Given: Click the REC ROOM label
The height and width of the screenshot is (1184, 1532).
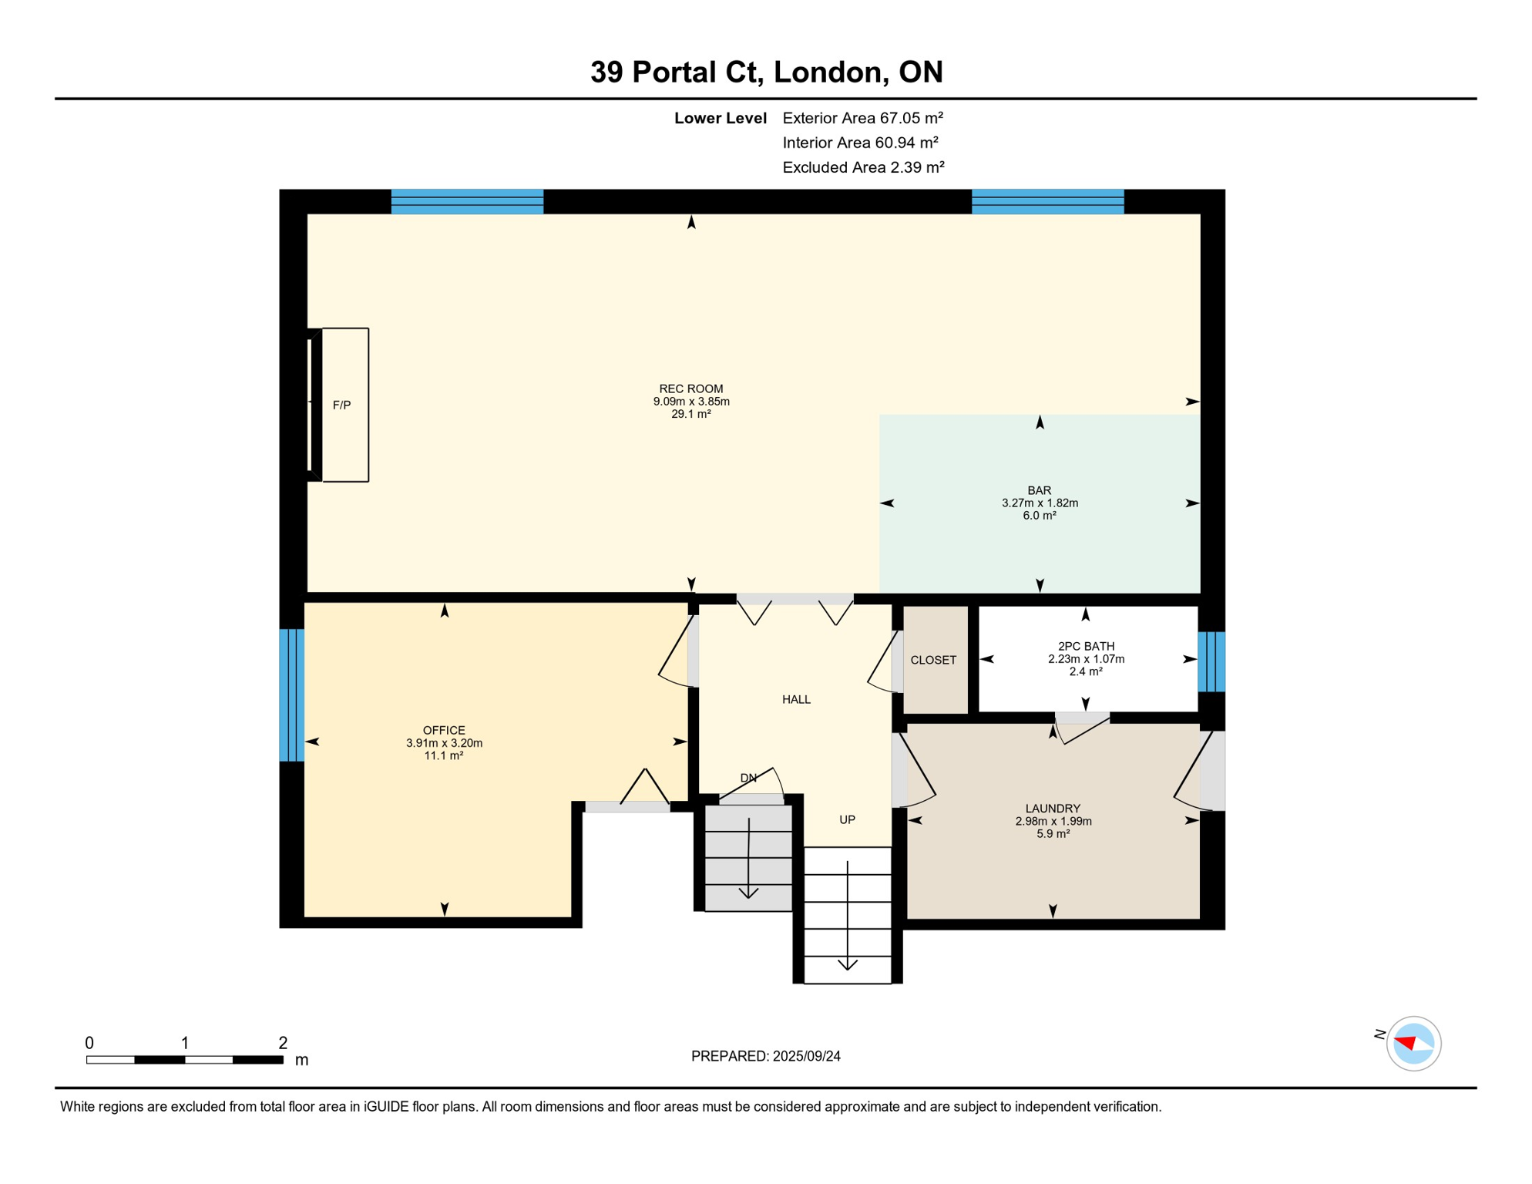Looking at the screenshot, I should [x=690, y=389].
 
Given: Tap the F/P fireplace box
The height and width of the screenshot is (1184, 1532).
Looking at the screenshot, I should [x=344, y=405].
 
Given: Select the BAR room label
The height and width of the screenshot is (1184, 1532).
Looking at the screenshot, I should [x=1039, y=490].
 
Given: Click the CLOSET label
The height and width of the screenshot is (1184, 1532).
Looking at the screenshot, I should [x=933, y=660].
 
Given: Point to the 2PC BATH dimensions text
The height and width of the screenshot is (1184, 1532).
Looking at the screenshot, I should [x=1086, y=659].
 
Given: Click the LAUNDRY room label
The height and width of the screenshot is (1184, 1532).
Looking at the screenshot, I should [x=1053, y=809].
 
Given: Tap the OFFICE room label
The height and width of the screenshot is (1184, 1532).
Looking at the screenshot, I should [x=444, y=730].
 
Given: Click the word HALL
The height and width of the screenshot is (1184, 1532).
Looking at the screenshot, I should [x=796, y=699].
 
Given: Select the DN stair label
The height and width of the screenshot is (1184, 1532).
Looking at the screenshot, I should [x=748, y=778].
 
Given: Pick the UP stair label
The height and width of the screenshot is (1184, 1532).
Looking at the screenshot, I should [x=847, y=819].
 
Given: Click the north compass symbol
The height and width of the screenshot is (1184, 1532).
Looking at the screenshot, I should [x=1413, y=1044].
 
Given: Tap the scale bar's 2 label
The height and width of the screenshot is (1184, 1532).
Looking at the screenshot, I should [x=283, y=1043].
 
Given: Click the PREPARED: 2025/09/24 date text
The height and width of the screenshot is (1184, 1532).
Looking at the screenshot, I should [x=765, y=1056].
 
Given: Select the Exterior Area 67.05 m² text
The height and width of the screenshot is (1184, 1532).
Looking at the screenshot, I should [x=862, y=118].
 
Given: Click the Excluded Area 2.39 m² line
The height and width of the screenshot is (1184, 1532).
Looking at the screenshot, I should [x=863, y=167].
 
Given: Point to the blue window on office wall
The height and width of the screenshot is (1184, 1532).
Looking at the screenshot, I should [x=291, y=695].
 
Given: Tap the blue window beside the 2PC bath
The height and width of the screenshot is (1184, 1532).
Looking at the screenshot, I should [x=1211, y=661].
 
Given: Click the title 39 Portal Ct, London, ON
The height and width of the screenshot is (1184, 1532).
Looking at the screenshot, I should [x=766, y=72].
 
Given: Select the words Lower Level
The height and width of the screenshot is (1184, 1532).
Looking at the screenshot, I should [x=720, y=118].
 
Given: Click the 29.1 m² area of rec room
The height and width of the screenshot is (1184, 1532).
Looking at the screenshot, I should [x=690, y=414].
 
